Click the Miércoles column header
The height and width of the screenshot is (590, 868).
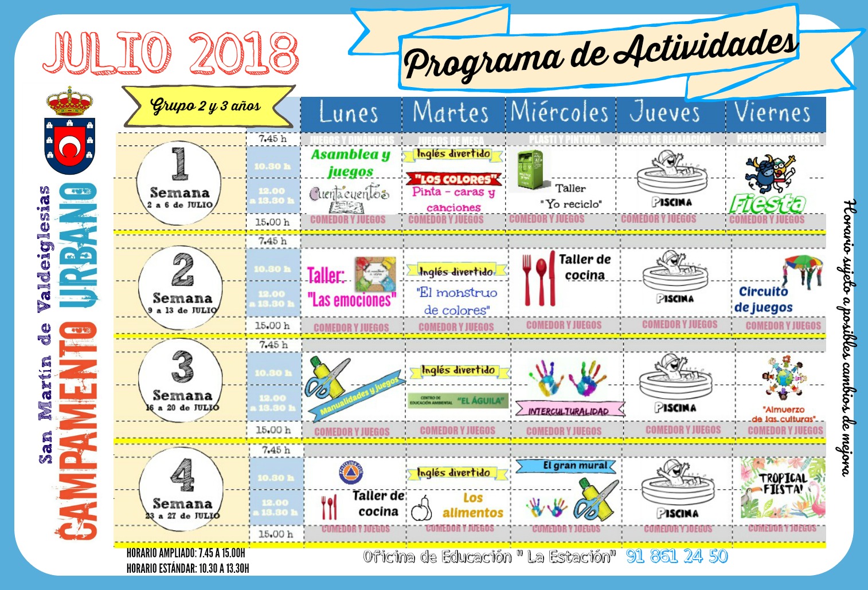[560, 113]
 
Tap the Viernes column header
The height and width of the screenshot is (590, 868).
[773, 113]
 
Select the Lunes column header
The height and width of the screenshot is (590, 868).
[349, 113]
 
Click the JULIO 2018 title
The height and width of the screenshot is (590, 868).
[171, 53]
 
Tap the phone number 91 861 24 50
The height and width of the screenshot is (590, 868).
[677, 556]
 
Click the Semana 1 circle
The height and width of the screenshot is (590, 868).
[179, 179]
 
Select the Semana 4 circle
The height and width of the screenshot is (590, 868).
[181, 489]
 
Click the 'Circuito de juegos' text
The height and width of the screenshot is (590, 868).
[764, 299]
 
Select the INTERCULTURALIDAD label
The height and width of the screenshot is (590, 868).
[569, 411]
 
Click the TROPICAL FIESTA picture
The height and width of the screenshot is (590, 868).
[782, 487]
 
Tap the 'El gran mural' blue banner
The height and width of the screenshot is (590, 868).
[565, 466]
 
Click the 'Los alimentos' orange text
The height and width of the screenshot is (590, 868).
[473, 505]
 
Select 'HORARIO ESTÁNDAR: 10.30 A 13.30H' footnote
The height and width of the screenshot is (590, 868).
[188, 568]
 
